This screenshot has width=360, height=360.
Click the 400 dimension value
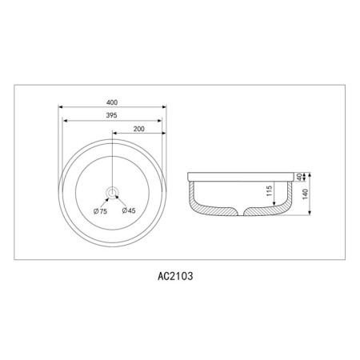tap(112, 102)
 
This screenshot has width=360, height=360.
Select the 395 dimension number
tap(112, 115)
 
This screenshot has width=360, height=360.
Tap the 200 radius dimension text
tap(139, 129)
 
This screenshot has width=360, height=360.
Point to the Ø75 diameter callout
tap(100, 211)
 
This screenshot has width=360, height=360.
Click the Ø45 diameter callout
tap(129, 210)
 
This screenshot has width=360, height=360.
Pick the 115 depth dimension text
tap(270, 191)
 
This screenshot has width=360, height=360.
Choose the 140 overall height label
tap(306, 194)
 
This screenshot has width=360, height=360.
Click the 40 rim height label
tap(300, 177)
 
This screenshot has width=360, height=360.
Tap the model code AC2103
tap(175, 276)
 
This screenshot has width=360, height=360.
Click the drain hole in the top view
tap(112, 192)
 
